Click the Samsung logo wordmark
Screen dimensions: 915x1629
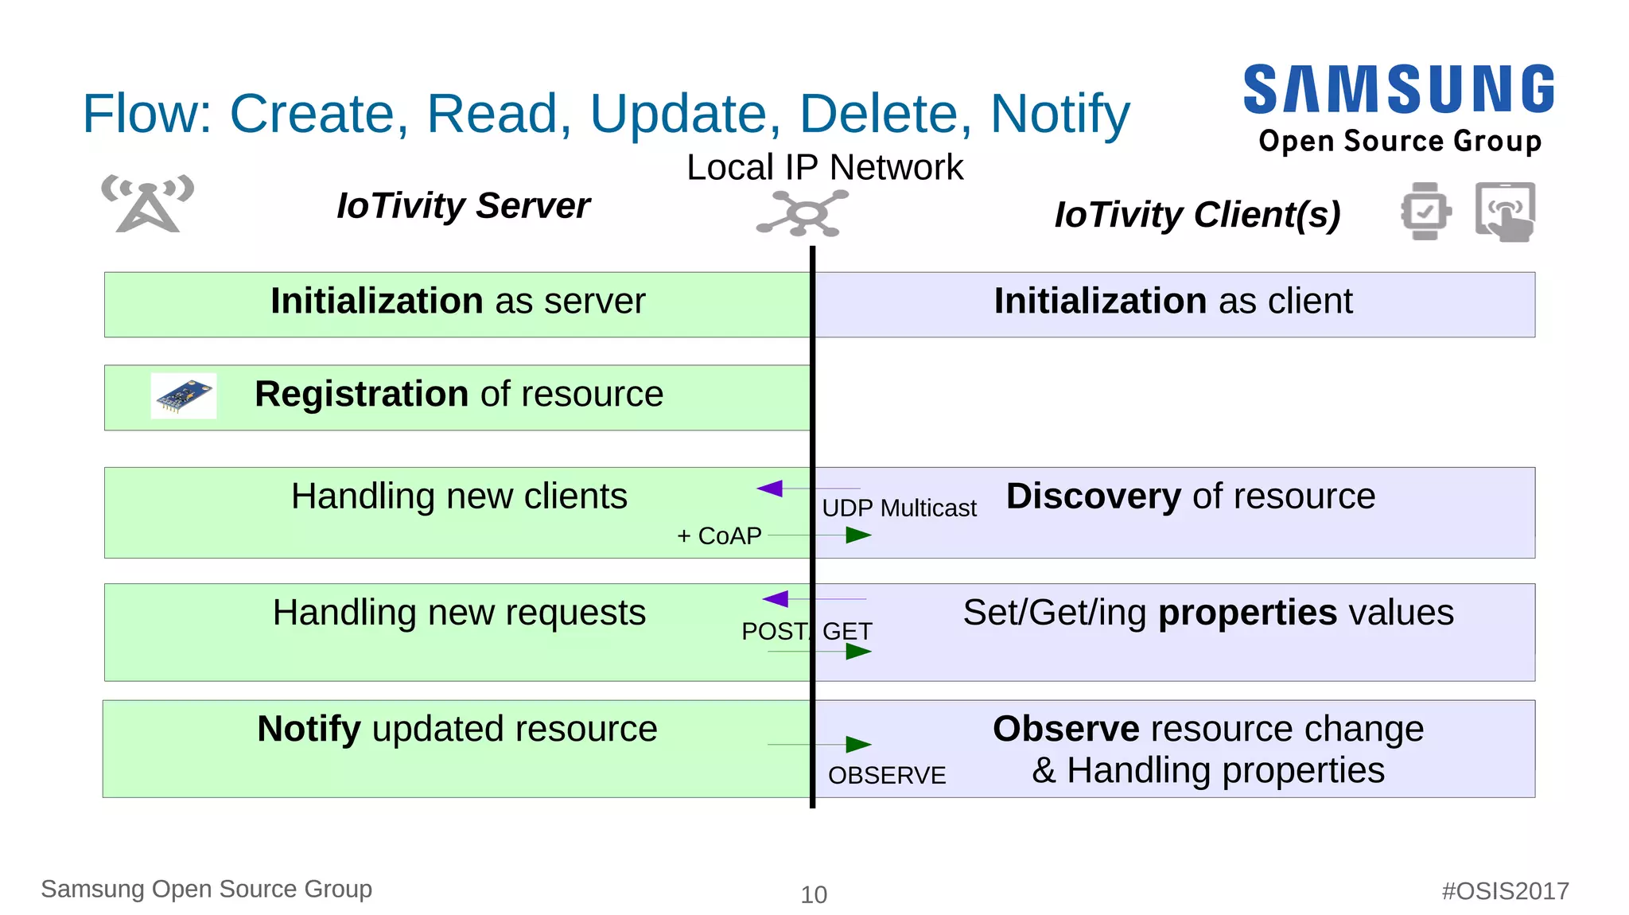pos(1398,90)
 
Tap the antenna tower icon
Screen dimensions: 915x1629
pos(148,204)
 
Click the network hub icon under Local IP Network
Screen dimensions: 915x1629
pos(803,213)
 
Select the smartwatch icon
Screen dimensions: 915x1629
pos(1425,211)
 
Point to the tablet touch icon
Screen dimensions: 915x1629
pos(1505,212)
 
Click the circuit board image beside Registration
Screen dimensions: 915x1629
pos(184,395)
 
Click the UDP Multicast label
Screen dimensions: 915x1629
pos(899,508)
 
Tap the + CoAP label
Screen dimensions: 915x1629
pos(719,536)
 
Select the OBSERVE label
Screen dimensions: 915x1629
pos(887,776)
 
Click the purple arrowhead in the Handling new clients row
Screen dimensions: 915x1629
pos(770,489)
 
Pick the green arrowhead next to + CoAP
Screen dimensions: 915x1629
pos(857,535)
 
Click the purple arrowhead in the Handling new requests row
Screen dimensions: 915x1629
pos(776,599)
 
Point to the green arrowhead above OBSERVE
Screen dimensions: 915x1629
pos(857,745)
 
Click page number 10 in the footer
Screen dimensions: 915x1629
pos(814,895)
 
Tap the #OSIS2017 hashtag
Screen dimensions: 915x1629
pos(1505,891)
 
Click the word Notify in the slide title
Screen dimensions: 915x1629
pos(1059,114)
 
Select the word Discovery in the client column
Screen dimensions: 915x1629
pos(1094,496)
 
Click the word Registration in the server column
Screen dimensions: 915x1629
pos(361,395)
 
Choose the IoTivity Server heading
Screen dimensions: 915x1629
pos(463,206)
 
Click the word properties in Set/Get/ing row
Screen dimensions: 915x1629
pos(1247,613)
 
